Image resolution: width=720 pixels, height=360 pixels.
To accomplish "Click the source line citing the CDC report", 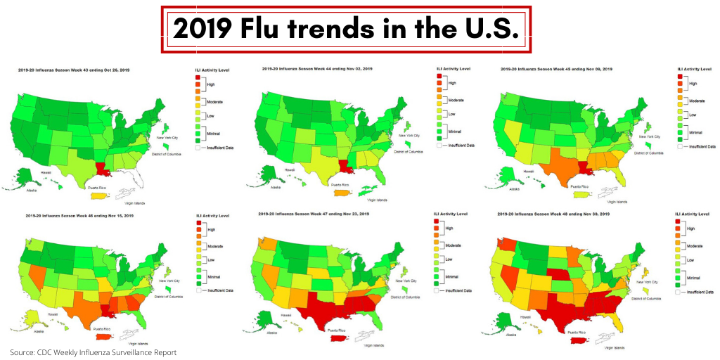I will tap(93, 352).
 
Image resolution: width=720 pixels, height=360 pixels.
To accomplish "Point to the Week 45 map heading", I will tap(556, 69).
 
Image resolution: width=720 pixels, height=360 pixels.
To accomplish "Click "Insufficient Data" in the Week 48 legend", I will tap(700, 292).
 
